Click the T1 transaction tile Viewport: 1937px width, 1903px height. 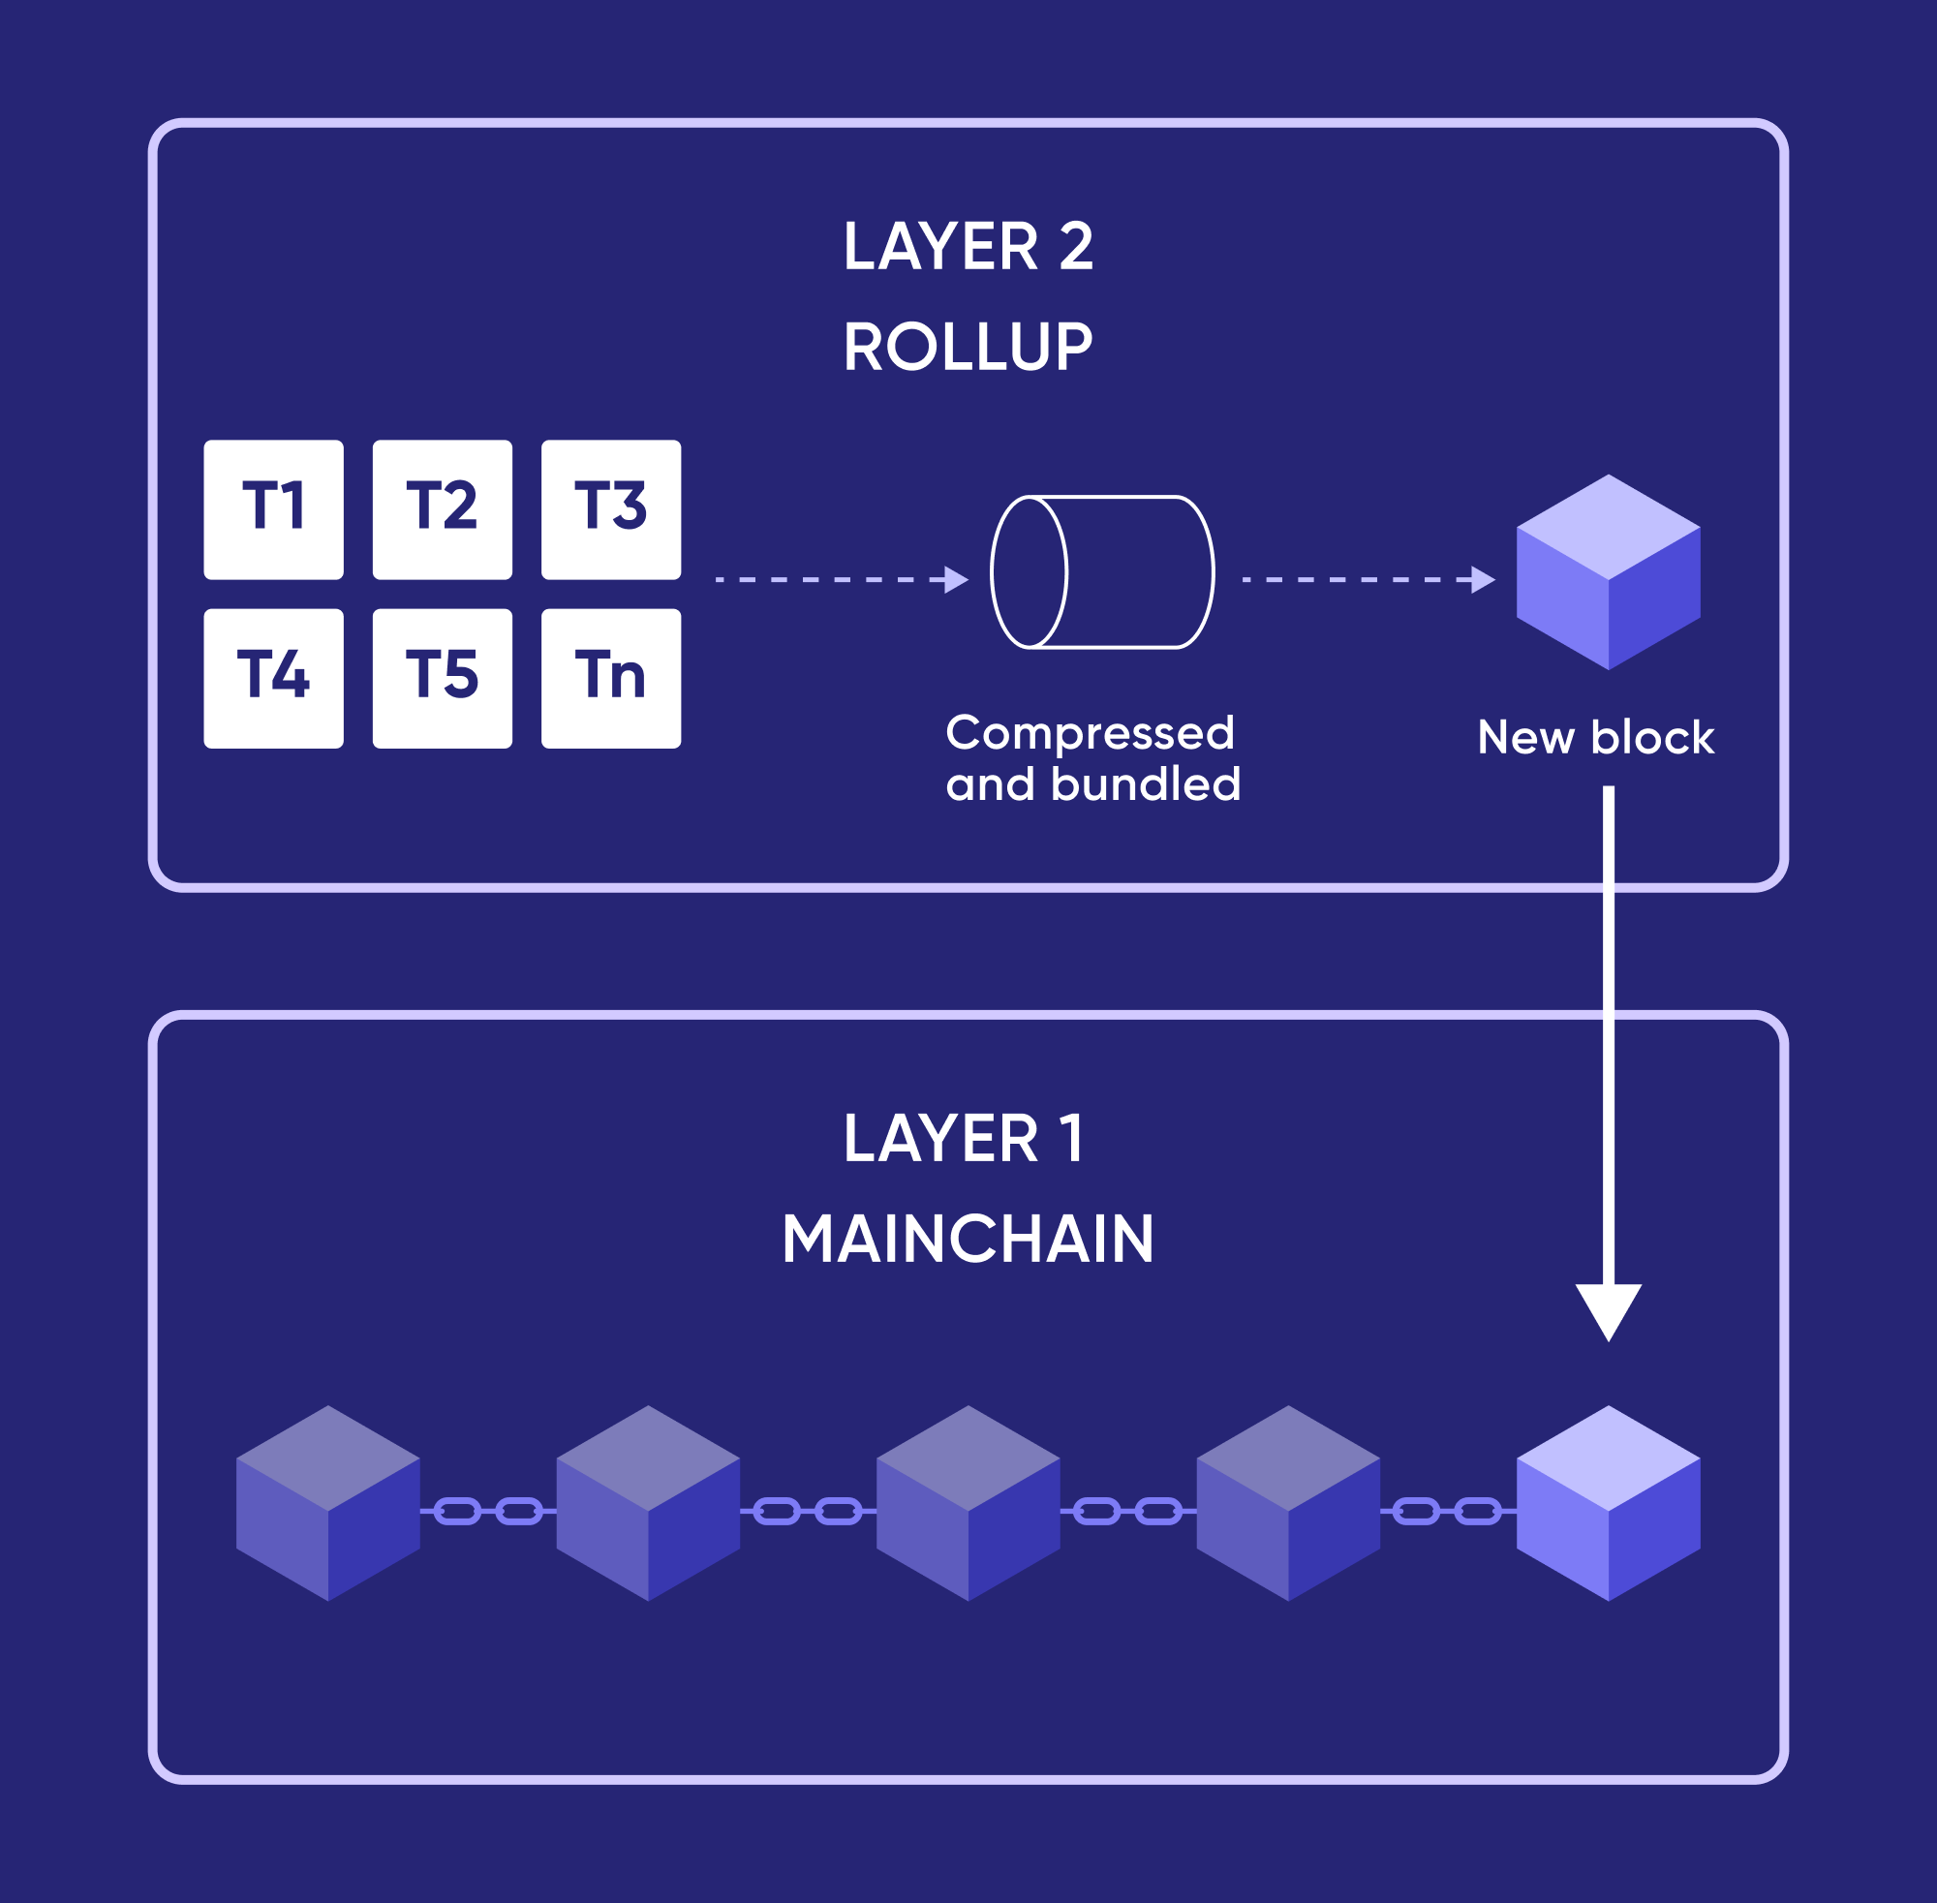click(273, 508)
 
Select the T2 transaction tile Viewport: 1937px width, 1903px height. click(442, 508)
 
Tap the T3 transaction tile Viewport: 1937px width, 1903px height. click(611, 508)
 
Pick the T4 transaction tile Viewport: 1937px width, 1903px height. click(273, 678)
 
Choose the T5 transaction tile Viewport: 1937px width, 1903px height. click(442, 678)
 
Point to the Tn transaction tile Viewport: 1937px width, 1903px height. click(611, 678)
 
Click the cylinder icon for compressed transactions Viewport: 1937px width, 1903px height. click(1101, 571)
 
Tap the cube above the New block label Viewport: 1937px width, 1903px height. click(1607, 572)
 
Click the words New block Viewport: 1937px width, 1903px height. click(1595, 738)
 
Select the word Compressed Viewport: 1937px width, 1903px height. click(1090, 732)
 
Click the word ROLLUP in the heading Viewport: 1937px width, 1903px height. click(968, 347)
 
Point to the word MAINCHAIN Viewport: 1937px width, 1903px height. click(968, 1240)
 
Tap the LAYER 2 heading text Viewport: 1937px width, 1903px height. click(968, 246)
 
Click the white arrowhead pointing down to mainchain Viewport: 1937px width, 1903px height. click(1607, 1309)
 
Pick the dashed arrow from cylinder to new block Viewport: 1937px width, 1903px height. click(1368, 580)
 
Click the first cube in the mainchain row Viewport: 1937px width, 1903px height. click(327, 1503)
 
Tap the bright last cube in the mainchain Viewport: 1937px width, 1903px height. click(1607, 1503)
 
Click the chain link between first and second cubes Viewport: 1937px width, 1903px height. click(488, 1511)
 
